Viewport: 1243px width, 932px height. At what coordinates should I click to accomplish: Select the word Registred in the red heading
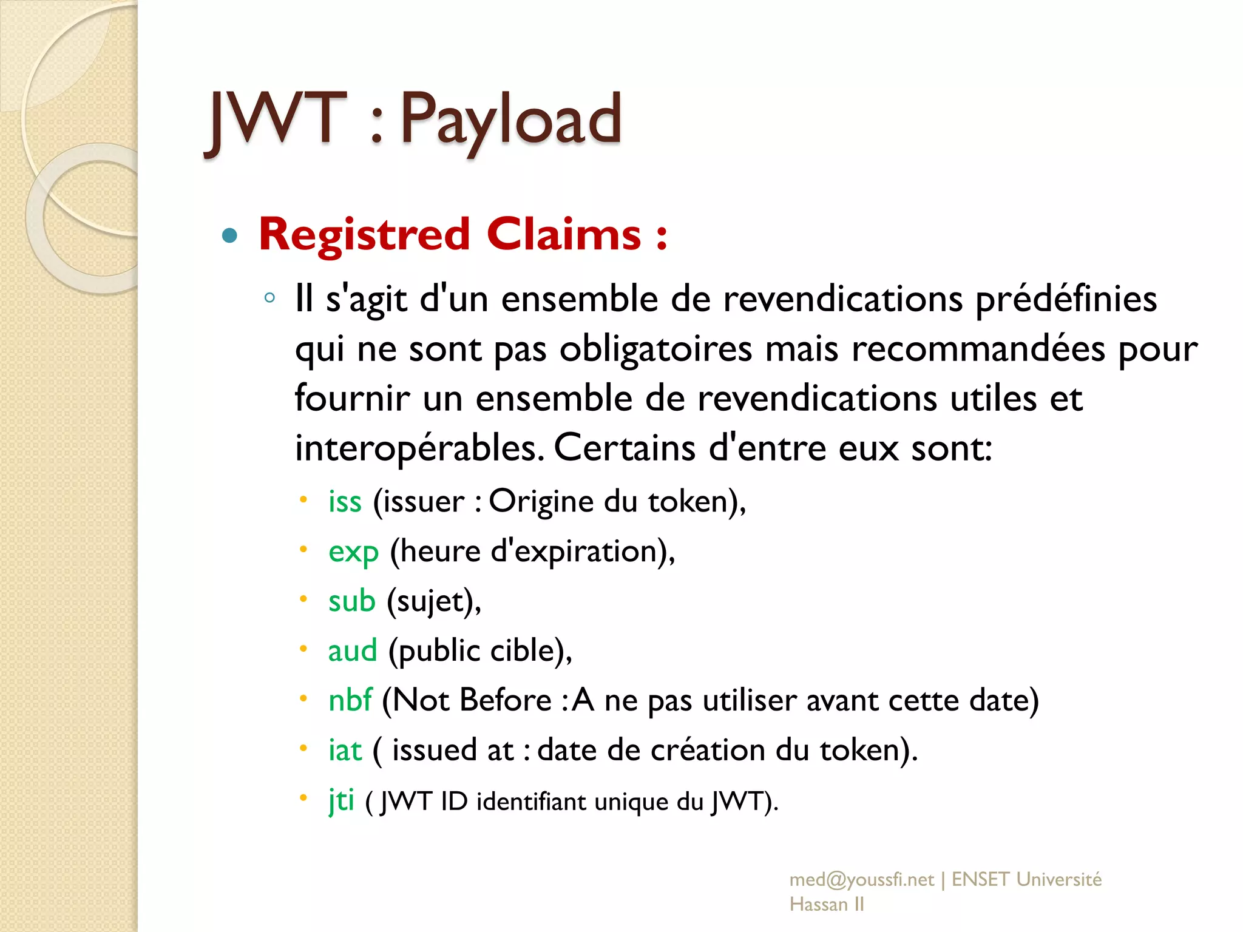point(364,234)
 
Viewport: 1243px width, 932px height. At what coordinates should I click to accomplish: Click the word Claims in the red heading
point(564,234)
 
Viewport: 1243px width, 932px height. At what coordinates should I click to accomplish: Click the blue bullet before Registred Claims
point(229,235)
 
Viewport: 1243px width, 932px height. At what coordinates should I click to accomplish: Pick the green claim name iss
point(345,502)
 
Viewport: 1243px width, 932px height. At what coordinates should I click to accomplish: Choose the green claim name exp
point(353,552)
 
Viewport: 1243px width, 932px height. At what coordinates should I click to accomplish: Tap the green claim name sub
point(352,601)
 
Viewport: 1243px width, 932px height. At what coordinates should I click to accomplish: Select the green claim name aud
point(353,651)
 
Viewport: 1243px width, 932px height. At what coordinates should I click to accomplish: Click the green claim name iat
point(345,751)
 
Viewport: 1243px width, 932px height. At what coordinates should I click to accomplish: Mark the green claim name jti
point(341,800)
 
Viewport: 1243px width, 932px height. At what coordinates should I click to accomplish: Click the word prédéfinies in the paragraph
point(1066,300)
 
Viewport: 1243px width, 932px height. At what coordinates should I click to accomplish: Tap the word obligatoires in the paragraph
point(655,349)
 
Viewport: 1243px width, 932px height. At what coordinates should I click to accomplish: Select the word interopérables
point(419,449)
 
